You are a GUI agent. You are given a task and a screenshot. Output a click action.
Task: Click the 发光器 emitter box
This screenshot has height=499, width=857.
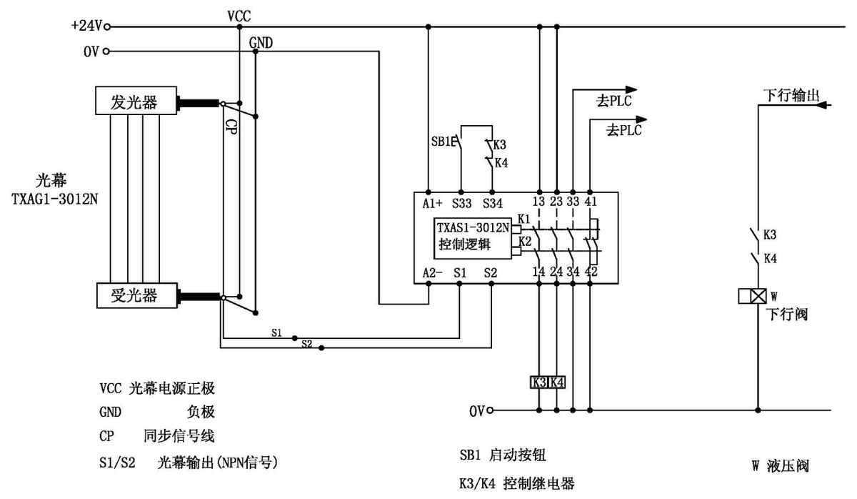[x=136, y=101]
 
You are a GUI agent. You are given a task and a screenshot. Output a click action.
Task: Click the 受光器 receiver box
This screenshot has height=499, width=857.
[x=136, y=295]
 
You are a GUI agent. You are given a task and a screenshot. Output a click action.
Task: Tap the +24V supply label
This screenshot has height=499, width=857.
[x=86, y=26]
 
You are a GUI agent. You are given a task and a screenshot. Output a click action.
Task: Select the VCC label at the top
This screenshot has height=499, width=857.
[x=239, y=15]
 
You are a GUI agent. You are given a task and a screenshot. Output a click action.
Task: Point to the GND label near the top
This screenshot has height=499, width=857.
[x=261, y=43]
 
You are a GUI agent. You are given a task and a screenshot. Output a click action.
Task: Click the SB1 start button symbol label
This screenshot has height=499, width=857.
[x=441, y=142]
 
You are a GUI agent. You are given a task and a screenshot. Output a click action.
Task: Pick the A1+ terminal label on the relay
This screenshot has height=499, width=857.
[x=431, y=203]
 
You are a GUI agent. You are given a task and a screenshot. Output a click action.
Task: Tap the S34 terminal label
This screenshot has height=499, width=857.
[x=492, y=203]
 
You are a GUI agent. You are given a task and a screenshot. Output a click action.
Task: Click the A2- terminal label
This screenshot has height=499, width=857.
[x=431, y=272]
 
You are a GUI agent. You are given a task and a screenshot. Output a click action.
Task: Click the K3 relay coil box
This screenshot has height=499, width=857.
[x=538, y=382]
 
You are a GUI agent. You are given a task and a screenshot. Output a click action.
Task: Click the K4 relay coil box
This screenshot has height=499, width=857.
[x=556, y=382]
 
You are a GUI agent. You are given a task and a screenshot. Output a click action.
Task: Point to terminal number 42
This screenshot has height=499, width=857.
[x=591, y=272]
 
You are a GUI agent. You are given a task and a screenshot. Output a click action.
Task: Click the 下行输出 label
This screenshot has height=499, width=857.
[x=789, y=95]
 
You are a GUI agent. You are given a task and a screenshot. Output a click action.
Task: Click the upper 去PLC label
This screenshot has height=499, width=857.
[x=616, y=101]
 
